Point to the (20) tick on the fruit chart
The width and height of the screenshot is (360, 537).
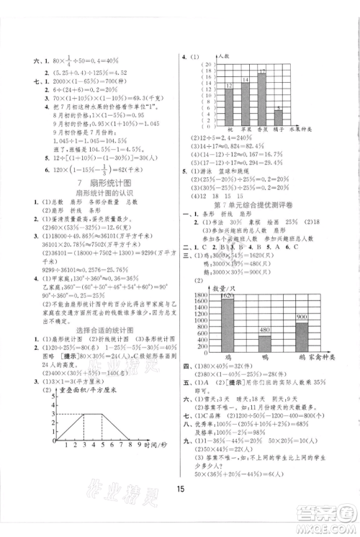coord(209,65)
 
